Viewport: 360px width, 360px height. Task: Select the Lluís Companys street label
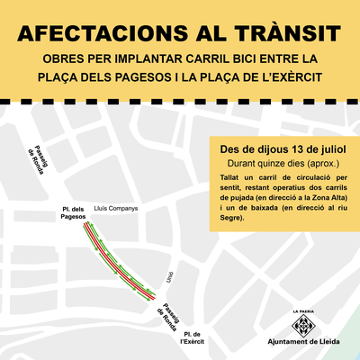coord(116,209)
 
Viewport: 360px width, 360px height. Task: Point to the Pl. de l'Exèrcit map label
coord(191,337)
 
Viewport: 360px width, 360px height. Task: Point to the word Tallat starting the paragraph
coord(229,180)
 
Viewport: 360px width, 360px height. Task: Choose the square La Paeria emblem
coord(304,327)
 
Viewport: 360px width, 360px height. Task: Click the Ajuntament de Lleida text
coord(304,344)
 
